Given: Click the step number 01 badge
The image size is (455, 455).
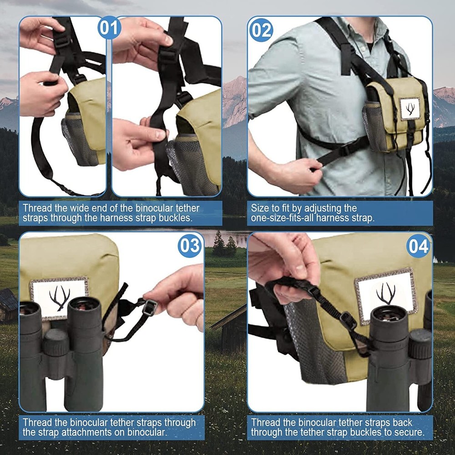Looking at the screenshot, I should click(109, 28).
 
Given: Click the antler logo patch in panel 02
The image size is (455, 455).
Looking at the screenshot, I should click(410, 109).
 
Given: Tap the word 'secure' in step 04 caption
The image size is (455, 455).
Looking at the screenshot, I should click(407, 432).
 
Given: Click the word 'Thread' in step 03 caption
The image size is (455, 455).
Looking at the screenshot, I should click(36, 422).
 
